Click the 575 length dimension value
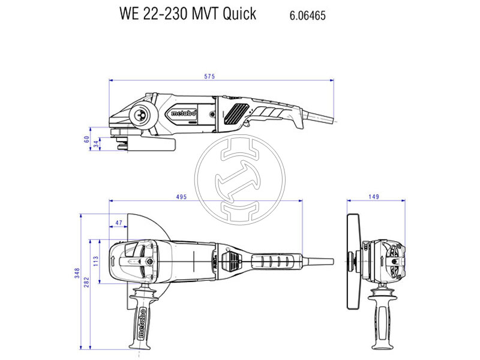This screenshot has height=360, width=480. pos(209,76)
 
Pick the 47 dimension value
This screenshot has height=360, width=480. pos(118,223)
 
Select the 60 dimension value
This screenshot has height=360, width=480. pos(86,137)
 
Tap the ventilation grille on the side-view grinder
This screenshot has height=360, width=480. pos(236,112)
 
